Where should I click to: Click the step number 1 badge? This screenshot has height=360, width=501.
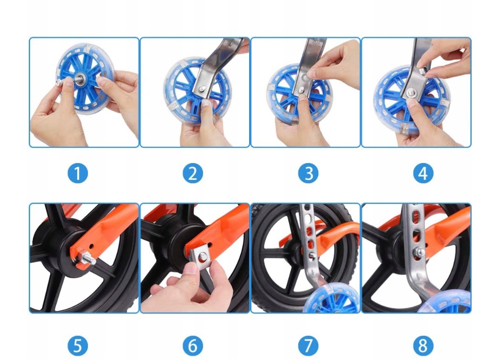(78, 173)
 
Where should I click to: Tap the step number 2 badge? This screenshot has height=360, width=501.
(193, 173)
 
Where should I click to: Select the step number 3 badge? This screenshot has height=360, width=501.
(308, 173)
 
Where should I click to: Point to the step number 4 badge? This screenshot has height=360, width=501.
(423, 173)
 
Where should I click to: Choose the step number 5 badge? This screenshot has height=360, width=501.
(78, 346)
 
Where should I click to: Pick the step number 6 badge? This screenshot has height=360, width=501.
(193, 346)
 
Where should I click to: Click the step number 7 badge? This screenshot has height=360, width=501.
(308, 346)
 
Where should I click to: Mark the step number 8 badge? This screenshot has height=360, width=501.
(423, 346)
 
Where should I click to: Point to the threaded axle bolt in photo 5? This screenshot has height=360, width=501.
(87, 257)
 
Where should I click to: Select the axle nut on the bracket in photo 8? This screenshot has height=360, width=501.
(420, 253)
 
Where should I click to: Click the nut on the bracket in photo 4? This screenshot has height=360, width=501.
(422, 71)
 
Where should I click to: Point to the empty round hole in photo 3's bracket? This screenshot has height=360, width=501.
(305, 78)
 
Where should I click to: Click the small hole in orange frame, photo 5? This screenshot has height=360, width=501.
(92, 246)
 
